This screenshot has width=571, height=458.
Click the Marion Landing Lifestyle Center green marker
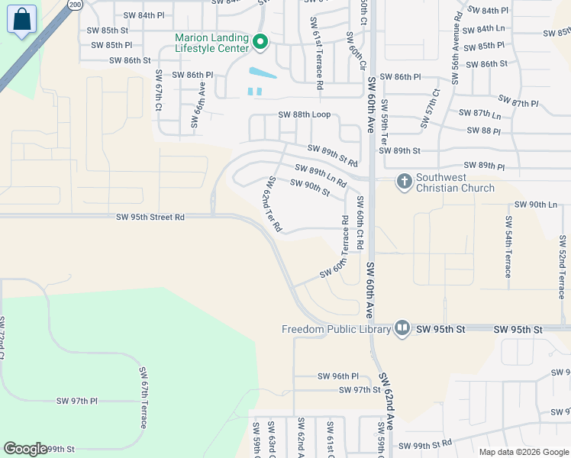tap(260, 43)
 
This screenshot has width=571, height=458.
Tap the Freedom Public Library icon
tap(403, 328)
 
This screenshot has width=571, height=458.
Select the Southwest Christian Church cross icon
tap(404, 182)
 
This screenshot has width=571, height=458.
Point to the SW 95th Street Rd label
tap(150, 217)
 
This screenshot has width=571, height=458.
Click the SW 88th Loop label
tap(304, 114)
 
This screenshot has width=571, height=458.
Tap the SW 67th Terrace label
tap(143, 397)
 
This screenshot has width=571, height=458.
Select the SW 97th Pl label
tap(77, 401)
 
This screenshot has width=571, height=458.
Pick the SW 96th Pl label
tap(337, 376)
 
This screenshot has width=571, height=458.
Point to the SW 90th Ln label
tap(536, 205)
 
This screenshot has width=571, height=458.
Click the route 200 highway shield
tap(74, 5)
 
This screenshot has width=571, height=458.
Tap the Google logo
tap(25, 449)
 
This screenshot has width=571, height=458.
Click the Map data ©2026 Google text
tap(523, 451)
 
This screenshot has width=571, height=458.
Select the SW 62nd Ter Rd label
tap(273, 204)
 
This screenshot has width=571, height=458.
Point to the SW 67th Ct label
tap(159, 90)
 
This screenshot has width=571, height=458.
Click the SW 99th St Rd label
tap(425, 444)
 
